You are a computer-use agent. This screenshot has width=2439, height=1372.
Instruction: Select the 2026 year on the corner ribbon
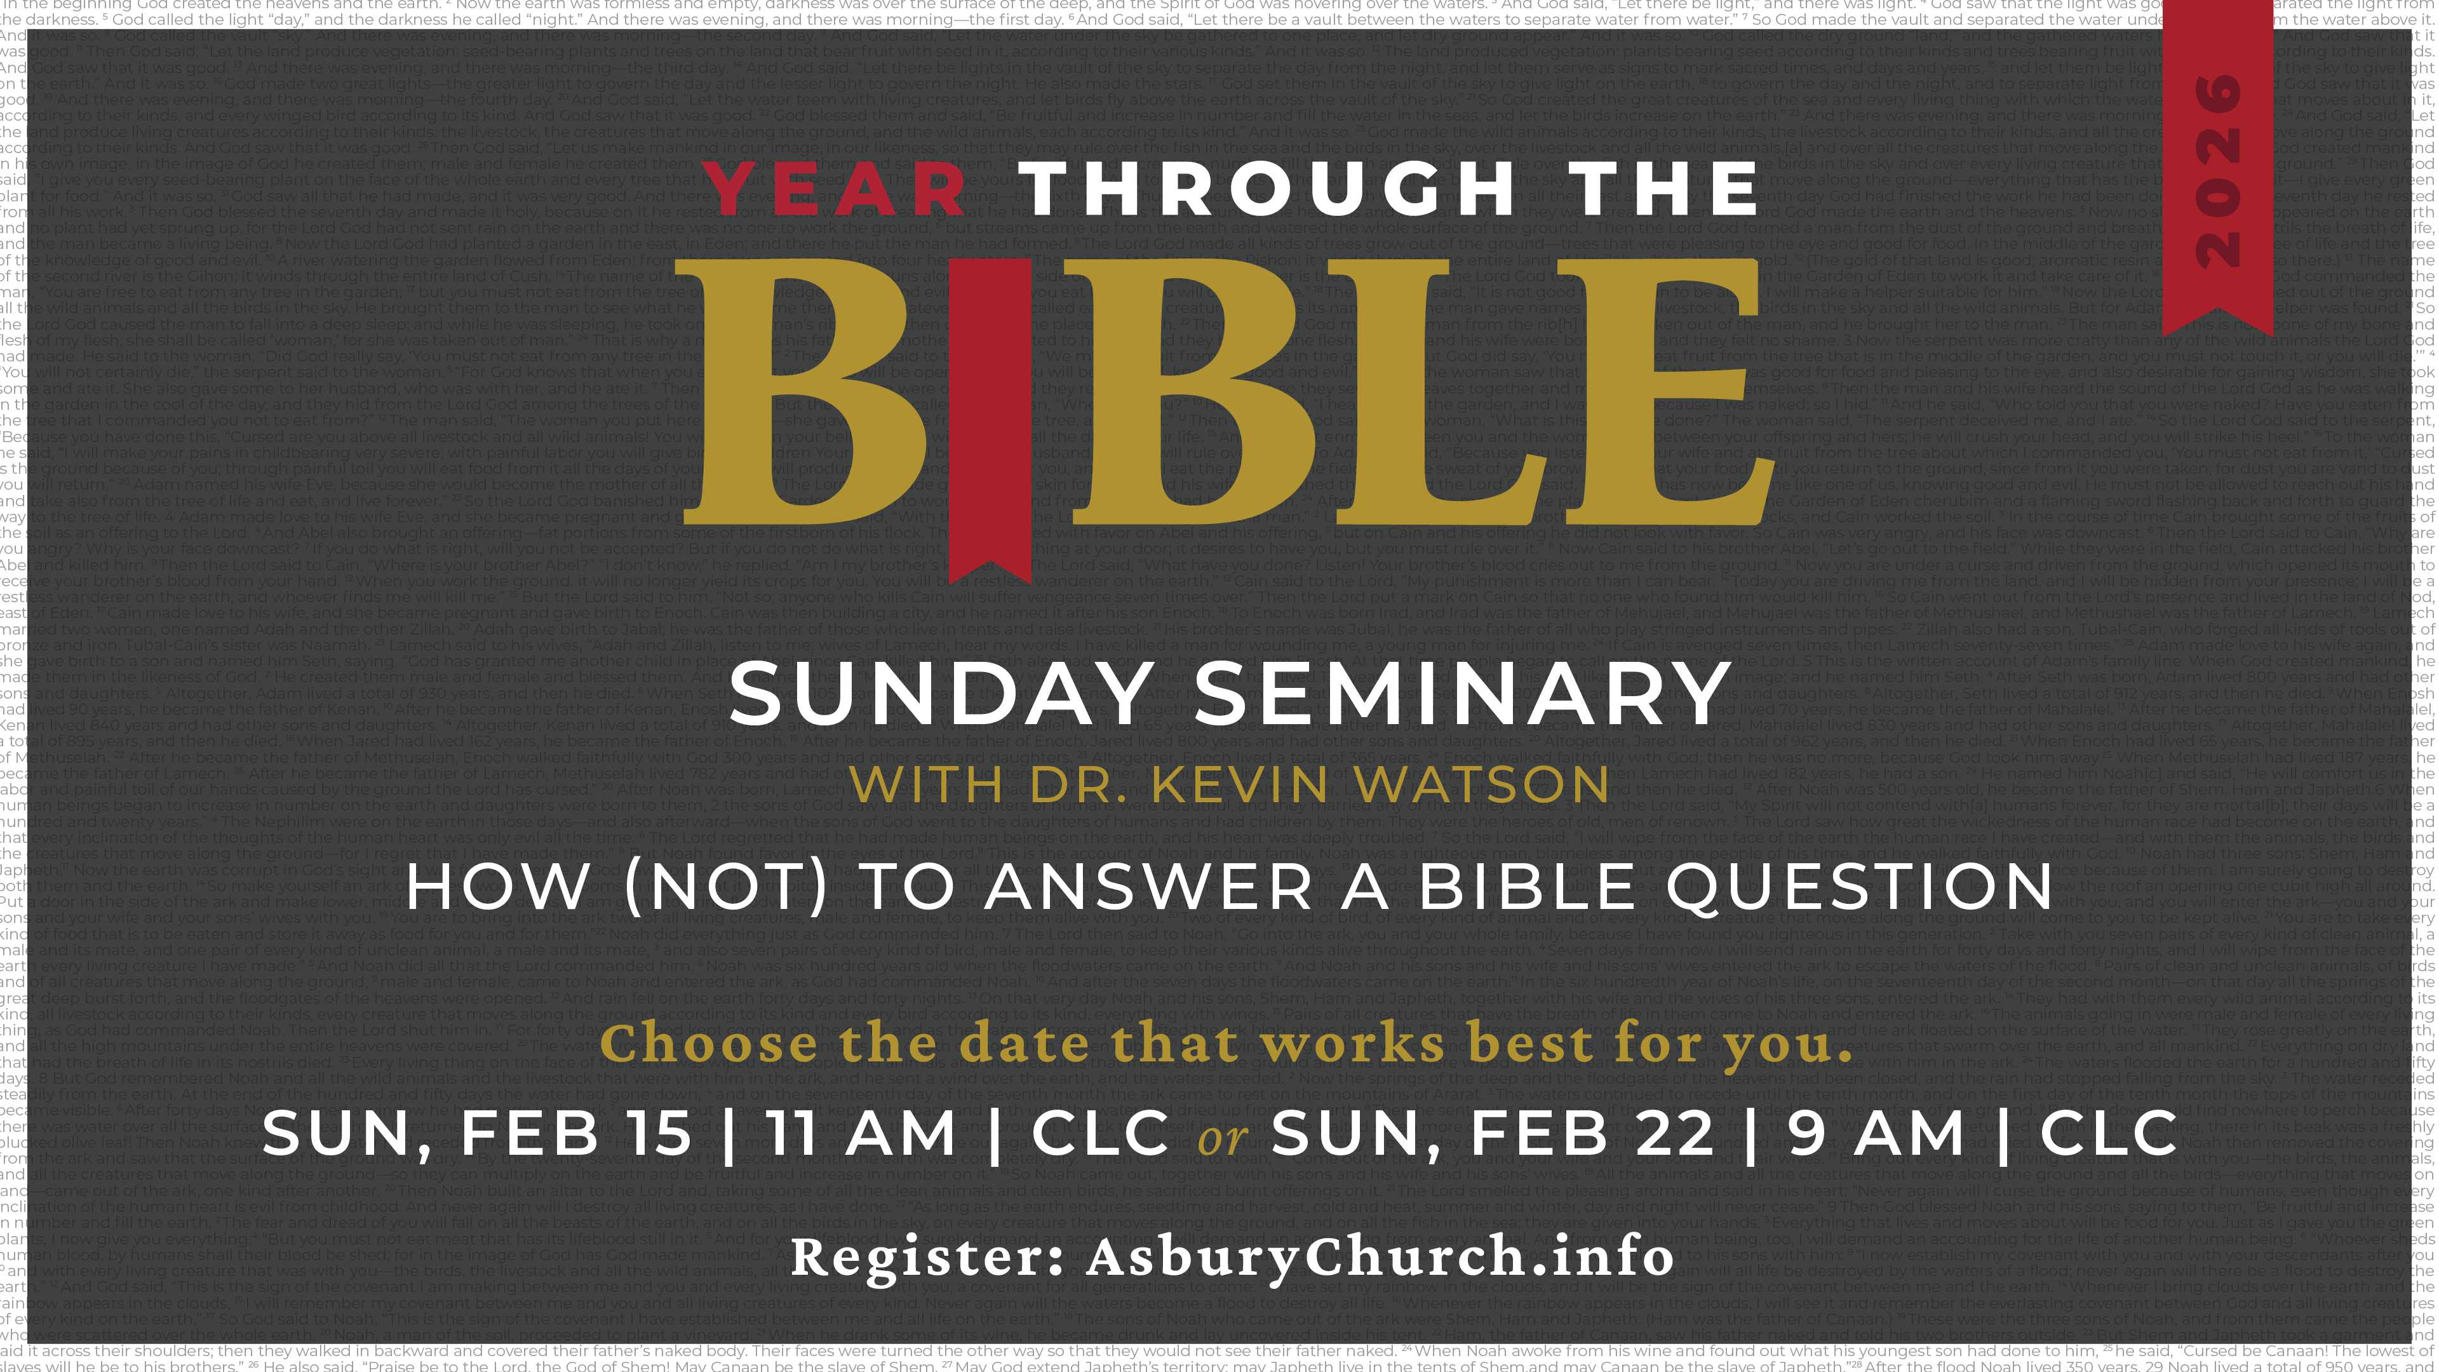pyautogui.click(x=2217, y=170)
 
